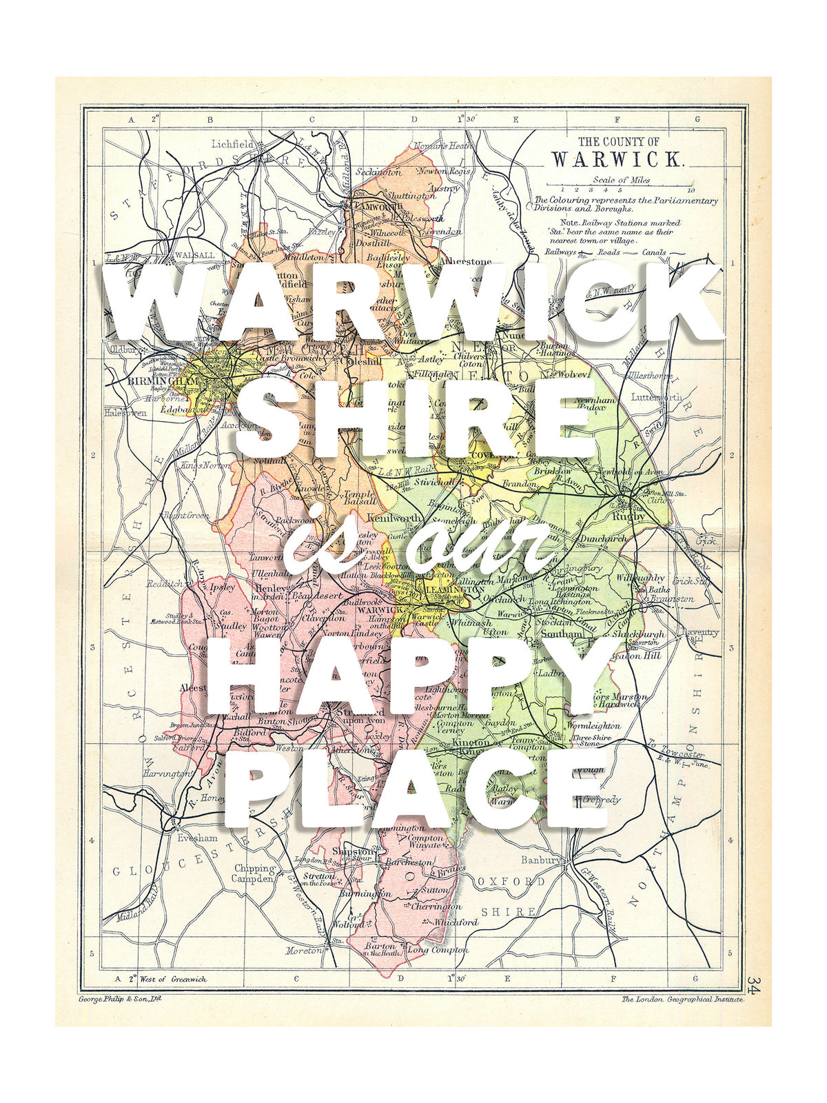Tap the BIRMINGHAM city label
158,381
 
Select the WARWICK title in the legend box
617,159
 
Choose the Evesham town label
197,838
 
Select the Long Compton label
438,949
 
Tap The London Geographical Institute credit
682,998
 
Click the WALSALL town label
194,254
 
